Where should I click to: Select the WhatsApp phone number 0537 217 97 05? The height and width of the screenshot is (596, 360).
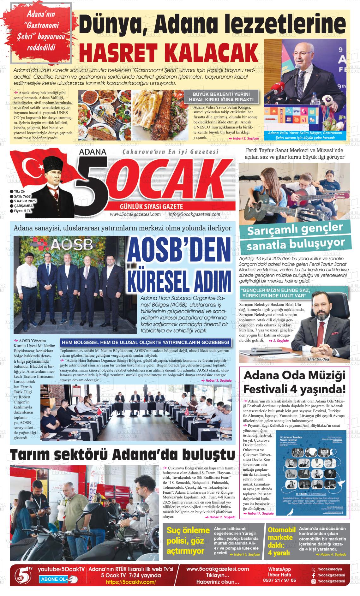[x=279, y=580]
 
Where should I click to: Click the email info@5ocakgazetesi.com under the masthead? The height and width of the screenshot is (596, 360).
[x=192, y=214]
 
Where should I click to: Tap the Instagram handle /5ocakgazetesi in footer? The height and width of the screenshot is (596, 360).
[x=331, y=581]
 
